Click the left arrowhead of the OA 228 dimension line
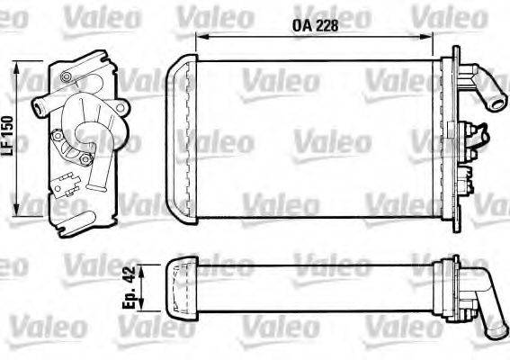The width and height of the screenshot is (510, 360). (201, 38)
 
